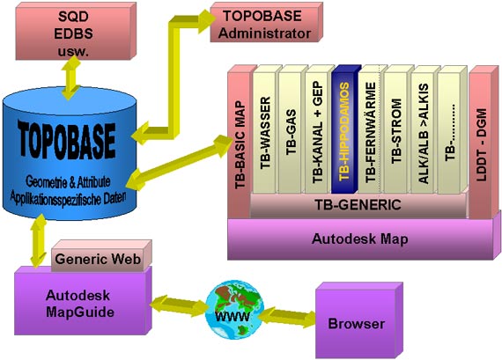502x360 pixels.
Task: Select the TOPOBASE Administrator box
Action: [x=266, y=22]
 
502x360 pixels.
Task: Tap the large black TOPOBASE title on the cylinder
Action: [x=67, y=140]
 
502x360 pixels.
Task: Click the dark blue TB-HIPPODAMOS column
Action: [x=346, y=129]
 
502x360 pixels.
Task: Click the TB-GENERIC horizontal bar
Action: [x=358, y=205]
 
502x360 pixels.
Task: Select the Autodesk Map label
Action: [x=360, y=239]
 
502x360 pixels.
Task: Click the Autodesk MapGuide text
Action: [x=80, y=304]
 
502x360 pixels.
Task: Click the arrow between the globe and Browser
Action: [x=286, y=317]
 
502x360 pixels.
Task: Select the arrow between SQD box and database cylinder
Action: [x=71, y=77]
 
